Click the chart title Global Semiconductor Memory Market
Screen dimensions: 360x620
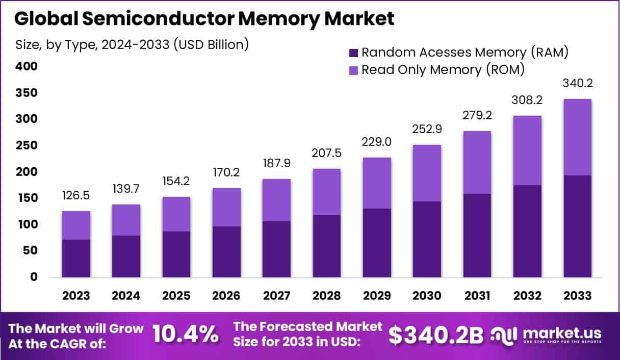click(204, 18)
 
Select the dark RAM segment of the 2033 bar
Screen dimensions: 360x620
click(577, 226)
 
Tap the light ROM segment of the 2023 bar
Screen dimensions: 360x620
click(76, 225)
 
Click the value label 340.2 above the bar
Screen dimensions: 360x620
click(577, 84)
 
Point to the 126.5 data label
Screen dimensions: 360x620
click(76, 196)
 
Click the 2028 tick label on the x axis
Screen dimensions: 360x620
click(326, 296)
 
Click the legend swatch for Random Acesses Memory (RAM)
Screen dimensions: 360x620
click(354, 53)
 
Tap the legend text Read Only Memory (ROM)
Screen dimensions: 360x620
click(443, 70)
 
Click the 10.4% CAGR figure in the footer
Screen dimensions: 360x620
click(186, 335)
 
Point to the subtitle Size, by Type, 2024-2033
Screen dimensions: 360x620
click(132, 44)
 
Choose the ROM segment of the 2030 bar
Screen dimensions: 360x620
click(427, 173)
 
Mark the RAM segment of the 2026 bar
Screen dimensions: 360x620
click(226, 252)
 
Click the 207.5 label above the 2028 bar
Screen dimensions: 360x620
click(326, 153)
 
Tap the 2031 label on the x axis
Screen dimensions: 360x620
click(477, 296)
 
